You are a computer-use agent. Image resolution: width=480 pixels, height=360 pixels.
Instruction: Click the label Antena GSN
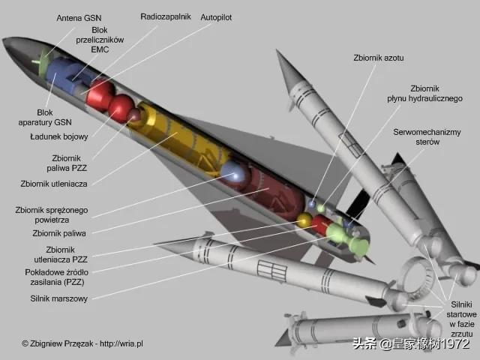pyautogui.click(x=79, y=18)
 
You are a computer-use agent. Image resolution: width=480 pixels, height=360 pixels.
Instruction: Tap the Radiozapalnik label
pyautogui.click(x=166, y=16)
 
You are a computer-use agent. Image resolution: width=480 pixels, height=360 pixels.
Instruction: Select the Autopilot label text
pyautogui.click(x=216, y=17)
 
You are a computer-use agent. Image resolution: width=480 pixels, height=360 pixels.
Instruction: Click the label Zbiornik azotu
pyautogui.click(x=379, y=58)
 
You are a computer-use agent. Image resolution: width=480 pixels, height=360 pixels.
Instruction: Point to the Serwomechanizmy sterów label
pyautogui.click(x=427, y=136)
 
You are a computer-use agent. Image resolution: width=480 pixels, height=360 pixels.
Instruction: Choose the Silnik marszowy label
pyautogui.click(x=58, y=298)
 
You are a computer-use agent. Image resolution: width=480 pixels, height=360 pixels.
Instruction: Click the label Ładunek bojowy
pyautogui.click(x=58, y=136)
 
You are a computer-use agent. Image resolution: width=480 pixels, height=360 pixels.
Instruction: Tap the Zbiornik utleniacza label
pyautogui.click(x=54, y=184)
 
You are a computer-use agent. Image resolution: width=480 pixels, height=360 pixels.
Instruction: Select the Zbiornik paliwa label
pyautogui.click(x=59, y=233)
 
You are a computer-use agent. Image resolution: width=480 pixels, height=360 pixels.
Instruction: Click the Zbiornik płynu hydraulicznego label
pyautogui.click(x=424, y=93)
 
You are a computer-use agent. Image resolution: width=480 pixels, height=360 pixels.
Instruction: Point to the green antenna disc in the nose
pyautogui.click(x=43, y=63)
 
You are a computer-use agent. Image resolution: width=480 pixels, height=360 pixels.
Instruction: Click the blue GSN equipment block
pyautogui.click(x=63, y=76)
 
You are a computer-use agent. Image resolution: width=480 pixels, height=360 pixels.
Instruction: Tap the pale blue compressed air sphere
pyautogui.click(x=234, y=175)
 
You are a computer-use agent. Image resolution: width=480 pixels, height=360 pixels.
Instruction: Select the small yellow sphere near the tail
pyautogui.click(x=304, y=220)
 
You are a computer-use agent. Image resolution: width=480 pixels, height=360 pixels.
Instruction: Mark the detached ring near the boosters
pyautogui.click(x=418, y=279)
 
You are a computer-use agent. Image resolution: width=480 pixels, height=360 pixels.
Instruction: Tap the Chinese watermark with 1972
pyautogui.click(x=411, y=343)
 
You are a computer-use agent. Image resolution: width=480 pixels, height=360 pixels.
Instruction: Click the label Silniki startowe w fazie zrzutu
pyautogui.click(x=462, y=319)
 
